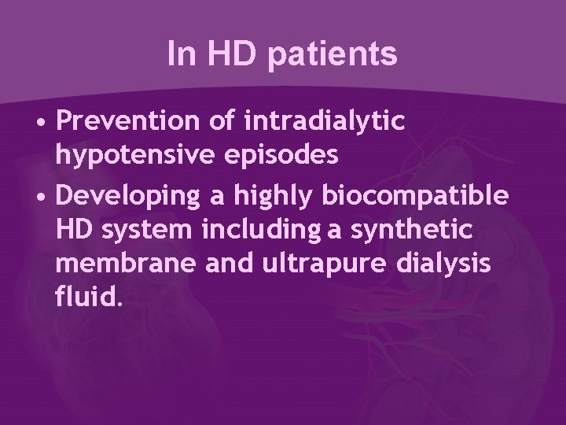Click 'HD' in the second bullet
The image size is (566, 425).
[75, 228]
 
